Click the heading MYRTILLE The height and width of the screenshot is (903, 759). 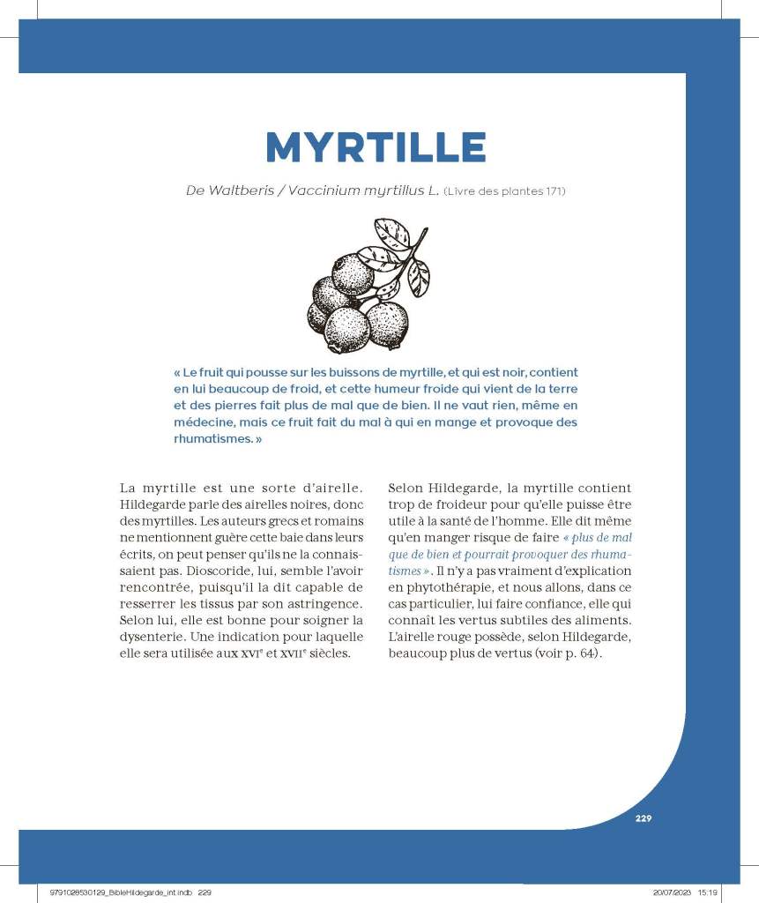(x=376, y=147)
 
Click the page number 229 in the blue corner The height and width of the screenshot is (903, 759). (x=643, y=818)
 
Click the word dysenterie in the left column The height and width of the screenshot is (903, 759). (x=153, y=638)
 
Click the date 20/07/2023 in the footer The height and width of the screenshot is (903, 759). (x=660, y=892)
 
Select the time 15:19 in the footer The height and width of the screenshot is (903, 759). (x=707, y=892)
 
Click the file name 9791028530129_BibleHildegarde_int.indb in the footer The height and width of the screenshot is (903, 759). (x=115, y=892)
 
